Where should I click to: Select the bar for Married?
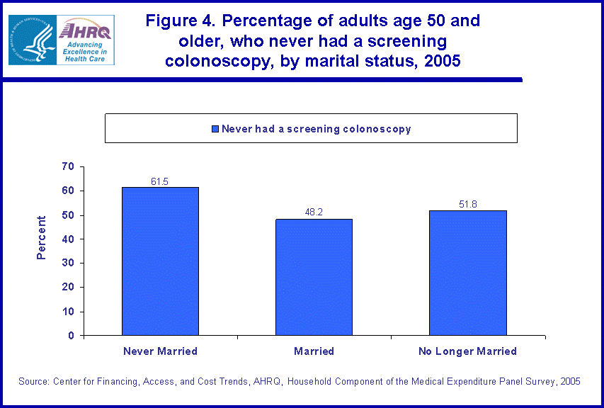pos(314,277)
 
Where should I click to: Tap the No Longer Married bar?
pos(467,273)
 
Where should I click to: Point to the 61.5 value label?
pos(160,181)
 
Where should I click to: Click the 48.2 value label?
pos(314,212)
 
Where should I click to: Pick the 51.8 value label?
pos(467,204)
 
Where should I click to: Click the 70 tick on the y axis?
pos(68,166)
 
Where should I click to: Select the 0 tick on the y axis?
pos(71,336)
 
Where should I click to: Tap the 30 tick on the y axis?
pos(68,263)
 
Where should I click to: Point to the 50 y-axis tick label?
pos(68,215)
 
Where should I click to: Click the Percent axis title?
pos(42,238)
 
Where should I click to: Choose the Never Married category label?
pos(160,351)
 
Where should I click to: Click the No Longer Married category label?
pos(467,351)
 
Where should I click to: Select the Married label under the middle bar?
pos(314,351)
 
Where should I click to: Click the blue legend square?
pos(215,129)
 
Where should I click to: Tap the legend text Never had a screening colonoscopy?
pos(316,129)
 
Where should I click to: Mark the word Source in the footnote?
pos(33,382)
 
